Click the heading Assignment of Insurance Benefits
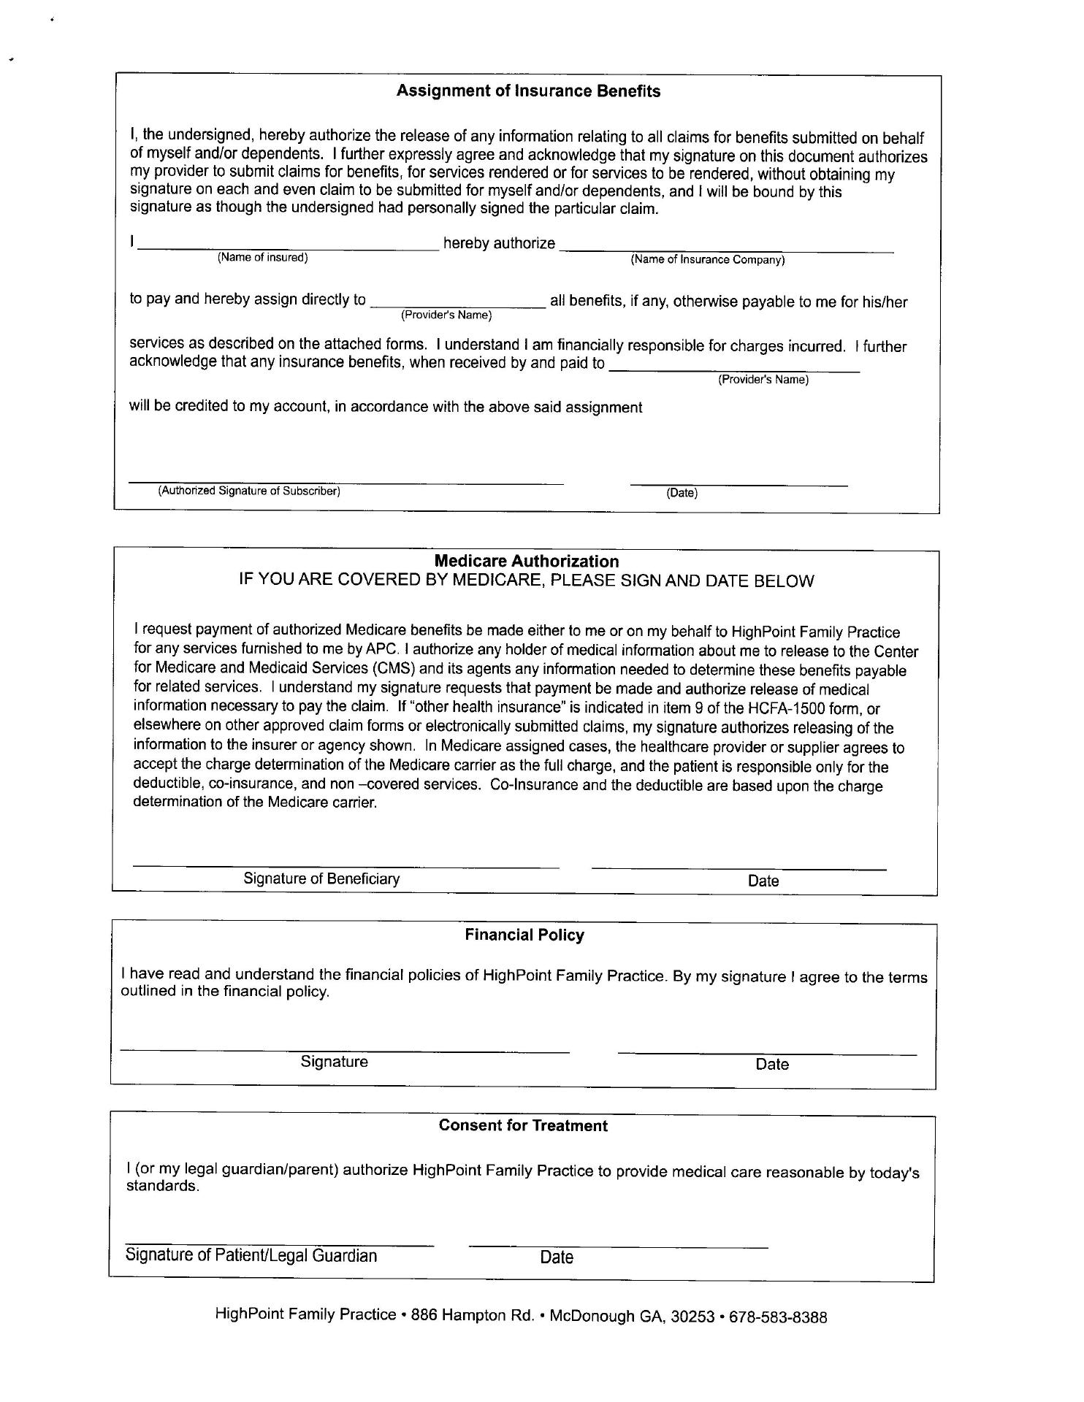(x=528, y=91)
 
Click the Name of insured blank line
(x=289, y=248)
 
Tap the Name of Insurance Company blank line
(x=727, y=250)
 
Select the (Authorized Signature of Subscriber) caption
(x=249, y=491)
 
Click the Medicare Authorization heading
(x=526, y=561)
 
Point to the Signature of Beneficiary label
(x=321, y=878)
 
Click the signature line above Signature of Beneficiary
(x=346, y=867)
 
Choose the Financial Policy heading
(x=524, y=935)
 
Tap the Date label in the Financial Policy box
(x=772, y=1064)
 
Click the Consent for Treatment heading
(x=523, y=1125)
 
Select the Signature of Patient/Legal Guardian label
(x=251, y=1255)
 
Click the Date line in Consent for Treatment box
(x=618, y=1246)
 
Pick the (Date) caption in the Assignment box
(x=682, y=493)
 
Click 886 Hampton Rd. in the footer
(x=473, y=1316)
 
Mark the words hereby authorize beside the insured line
(x=499, y=243)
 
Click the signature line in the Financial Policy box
(x=345, y=1051)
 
